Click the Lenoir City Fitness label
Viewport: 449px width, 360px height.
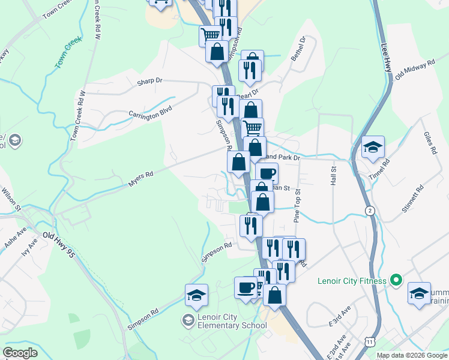point(349,280)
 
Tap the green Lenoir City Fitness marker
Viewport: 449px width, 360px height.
point(395,280)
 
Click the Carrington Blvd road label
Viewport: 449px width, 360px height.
point(150,112)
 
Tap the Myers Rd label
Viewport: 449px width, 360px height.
point(140,179)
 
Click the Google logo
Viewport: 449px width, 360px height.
point(20,352)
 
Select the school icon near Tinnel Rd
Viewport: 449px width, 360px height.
point(373,147)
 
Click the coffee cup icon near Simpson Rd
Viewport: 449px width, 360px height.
point(246,287)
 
